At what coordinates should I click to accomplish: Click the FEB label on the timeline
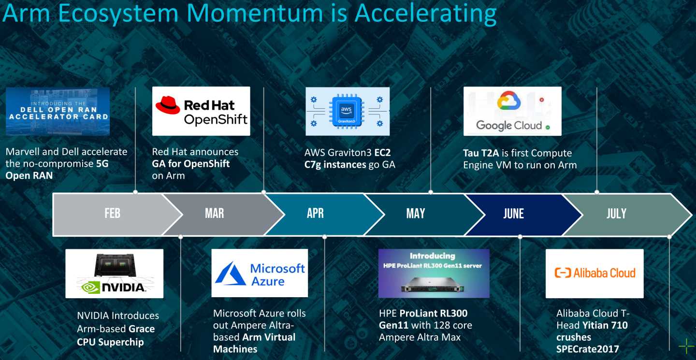point(112,214)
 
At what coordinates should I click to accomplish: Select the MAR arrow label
point(215,214)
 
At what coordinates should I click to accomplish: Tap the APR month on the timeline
point(315,214)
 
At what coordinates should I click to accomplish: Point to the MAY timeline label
point(416,214)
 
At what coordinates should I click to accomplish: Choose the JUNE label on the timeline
point(513,214)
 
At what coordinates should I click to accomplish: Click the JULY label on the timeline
point(616,214)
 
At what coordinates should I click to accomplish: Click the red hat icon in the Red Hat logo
point(168,105)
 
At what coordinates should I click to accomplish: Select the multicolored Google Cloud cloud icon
point(508,101)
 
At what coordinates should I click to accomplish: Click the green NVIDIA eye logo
point(90,288)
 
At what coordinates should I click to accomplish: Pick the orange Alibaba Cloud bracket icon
point(563,273)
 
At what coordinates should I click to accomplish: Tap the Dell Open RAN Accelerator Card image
point(58,111)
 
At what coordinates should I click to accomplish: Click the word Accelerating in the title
point(426,14)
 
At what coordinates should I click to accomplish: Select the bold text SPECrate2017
point(588,349)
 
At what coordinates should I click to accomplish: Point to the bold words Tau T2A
point(480,153)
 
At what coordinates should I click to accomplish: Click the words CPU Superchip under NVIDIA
point(110,342)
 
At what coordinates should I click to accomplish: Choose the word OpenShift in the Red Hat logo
point(216,119)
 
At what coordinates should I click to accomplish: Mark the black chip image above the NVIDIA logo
point(115,265)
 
